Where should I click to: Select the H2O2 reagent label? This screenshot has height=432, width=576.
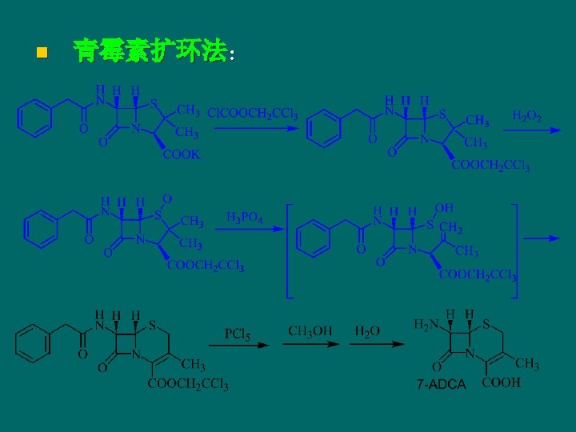click(527, 116)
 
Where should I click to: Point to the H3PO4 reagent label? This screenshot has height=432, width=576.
click(245, 217)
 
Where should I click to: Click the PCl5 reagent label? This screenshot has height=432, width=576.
click(238, 333)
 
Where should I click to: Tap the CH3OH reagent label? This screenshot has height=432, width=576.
click(311, 330)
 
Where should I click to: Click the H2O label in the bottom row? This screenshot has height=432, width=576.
click(368, 330)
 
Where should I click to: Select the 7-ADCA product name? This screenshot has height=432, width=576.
click(441, 385)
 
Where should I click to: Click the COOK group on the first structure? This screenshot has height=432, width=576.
click(182, 154)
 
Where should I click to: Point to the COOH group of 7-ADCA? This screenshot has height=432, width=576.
click(502, 382)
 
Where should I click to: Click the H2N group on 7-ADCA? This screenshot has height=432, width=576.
click(425, 325)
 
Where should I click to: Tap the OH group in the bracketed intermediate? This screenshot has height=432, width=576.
click(445, 208)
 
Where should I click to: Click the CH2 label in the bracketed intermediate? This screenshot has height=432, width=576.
click(451, 229)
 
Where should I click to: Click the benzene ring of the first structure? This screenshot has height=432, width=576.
click(34, 121)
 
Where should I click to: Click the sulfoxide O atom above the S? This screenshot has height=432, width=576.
click(167, 198)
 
